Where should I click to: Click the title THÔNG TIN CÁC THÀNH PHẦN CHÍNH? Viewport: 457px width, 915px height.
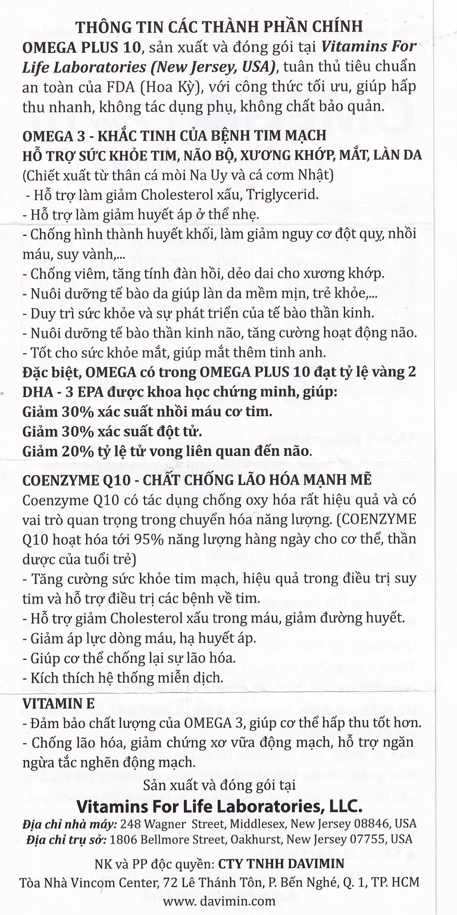tap(219, 27)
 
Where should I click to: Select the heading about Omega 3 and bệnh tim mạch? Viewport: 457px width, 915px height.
tap(174, 135)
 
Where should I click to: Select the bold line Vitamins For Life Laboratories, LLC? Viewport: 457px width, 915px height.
tap(220, 806)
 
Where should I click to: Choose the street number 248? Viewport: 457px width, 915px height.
tap(130, 824)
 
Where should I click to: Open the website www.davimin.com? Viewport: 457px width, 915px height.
tap(219, 901)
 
